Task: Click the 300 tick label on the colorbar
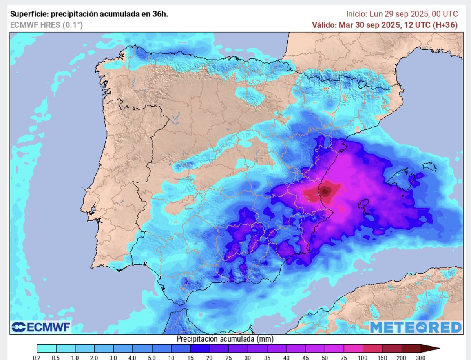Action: tap(421, 357)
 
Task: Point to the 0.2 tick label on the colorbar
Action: tap(37, 357)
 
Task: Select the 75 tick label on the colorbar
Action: tap(344, 357)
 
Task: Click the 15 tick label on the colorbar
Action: tap(190, 357)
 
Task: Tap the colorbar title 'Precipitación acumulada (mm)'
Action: tap(225, 338)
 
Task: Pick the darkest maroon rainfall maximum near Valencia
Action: tap(326, 191)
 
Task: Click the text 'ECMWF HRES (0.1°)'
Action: tap(46, 25)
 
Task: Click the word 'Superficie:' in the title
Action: tap(29, 14)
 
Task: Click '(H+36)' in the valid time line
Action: tap(444, 25)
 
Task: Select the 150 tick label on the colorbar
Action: tap(382, 357)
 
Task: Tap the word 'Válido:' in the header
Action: tap(323, 25)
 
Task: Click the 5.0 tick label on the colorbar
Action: tap(152, 357)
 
